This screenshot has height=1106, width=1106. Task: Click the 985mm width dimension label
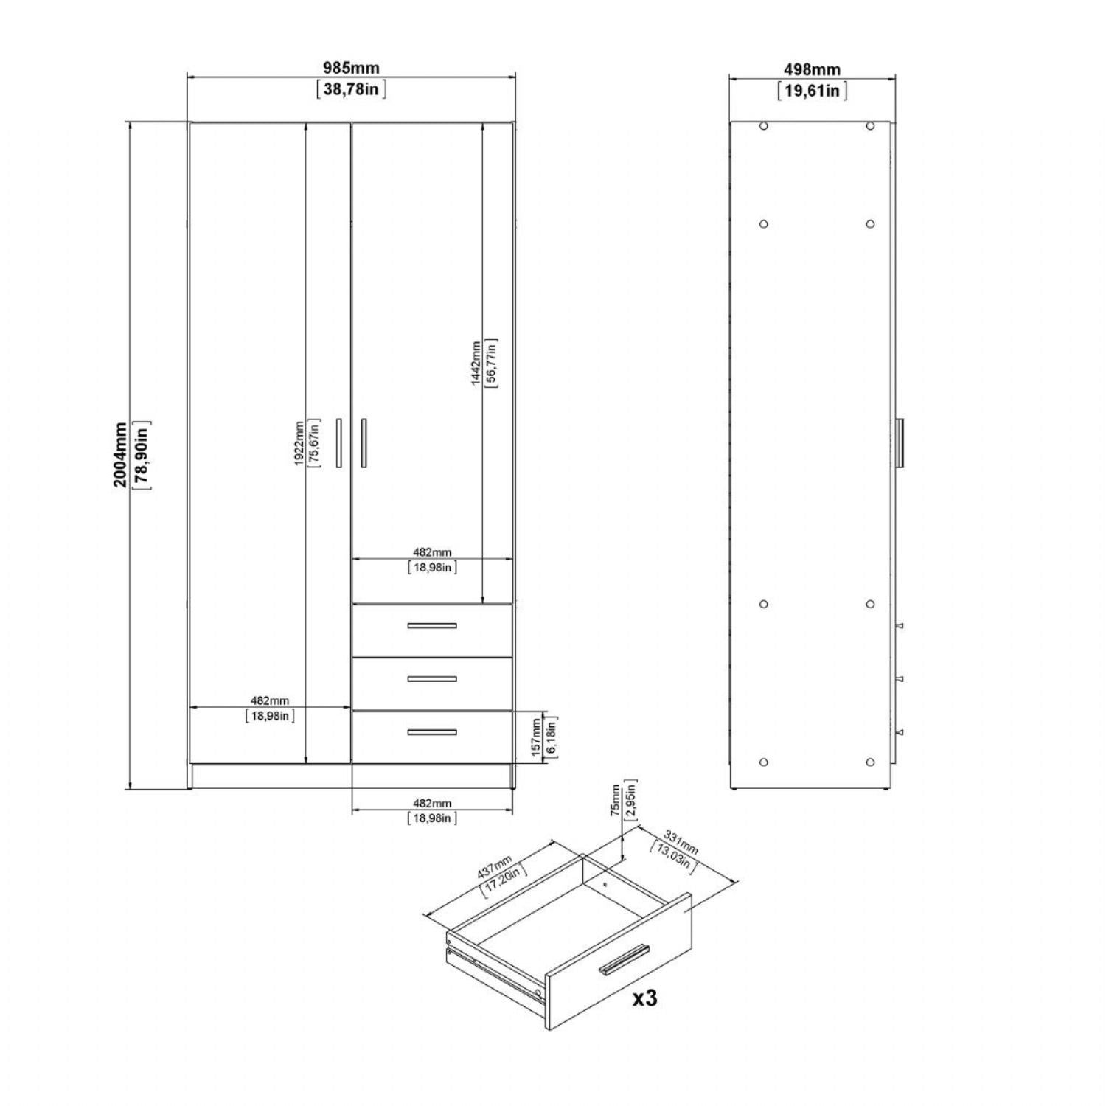352,68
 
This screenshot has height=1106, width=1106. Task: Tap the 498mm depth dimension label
812,70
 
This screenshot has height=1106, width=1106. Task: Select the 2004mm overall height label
119,455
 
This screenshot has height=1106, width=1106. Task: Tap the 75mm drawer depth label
616,800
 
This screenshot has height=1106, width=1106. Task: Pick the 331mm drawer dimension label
680,844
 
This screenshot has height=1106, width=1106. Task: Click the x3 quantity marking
644,998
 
